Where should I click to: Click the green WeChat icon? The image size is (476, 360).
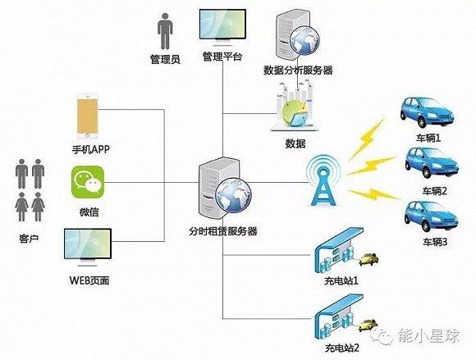88,182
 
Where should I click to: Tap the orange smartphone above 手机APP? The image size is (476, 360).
88,116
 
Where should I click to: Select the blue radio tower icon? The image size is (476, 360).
323,181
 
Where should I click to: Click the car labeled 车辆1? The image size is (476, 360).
426,112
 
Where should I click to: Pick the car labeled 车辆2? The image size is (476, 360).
432,162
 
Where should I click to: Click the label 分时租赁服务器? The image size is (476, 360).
223,231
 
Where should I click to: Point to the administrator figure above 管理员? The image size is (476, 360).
165,31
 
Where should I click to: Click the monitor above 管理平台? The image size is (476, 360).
222,27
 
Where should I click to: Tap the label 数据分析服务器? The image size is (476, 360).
298,70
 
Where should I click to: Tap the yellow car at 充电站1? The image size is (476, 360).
368,259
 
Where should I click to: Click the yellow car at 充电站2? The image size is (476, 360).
368,326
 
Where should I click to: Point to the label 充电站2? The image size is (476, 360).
342,348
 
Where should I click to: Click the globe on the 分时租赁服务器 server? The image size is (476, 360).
233,194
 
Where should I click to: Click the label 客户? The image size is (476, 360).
29,239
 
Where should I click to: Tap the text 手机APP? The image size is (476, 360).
90,149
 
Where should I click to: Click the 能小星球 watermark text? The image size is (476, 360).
429,335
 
